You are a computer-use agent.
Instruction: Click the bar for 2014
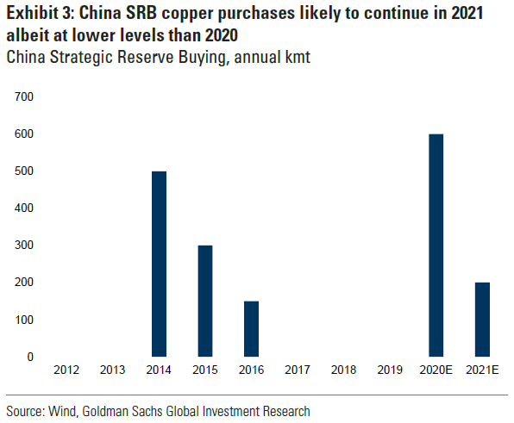click(x=159, y=264)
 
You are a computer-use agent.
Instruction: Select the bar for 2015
click(x=204, y=301)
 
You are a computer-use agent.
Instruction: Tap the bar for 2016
click(x=250, y=328)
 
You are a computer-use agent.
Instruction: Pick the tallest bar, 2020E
click(x=436, y=246)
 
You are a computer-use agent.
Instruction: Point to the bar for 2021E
click(x=482, y=319)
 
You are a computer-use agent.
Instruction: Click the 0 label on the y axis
click(x=29, y=357)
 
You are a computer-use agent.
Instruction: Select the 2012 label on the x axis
click(x=66, y=370)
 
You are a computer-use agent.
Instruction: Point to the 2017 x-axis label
click(x=298, y=370)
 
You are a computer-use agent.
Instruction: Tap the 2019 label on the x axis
click(x=390, y=370)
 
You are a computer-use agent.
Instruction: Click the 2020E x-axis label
click(x=436, y=370)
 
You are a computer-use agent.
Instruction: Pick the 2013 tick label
click(x=112, y=370)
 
